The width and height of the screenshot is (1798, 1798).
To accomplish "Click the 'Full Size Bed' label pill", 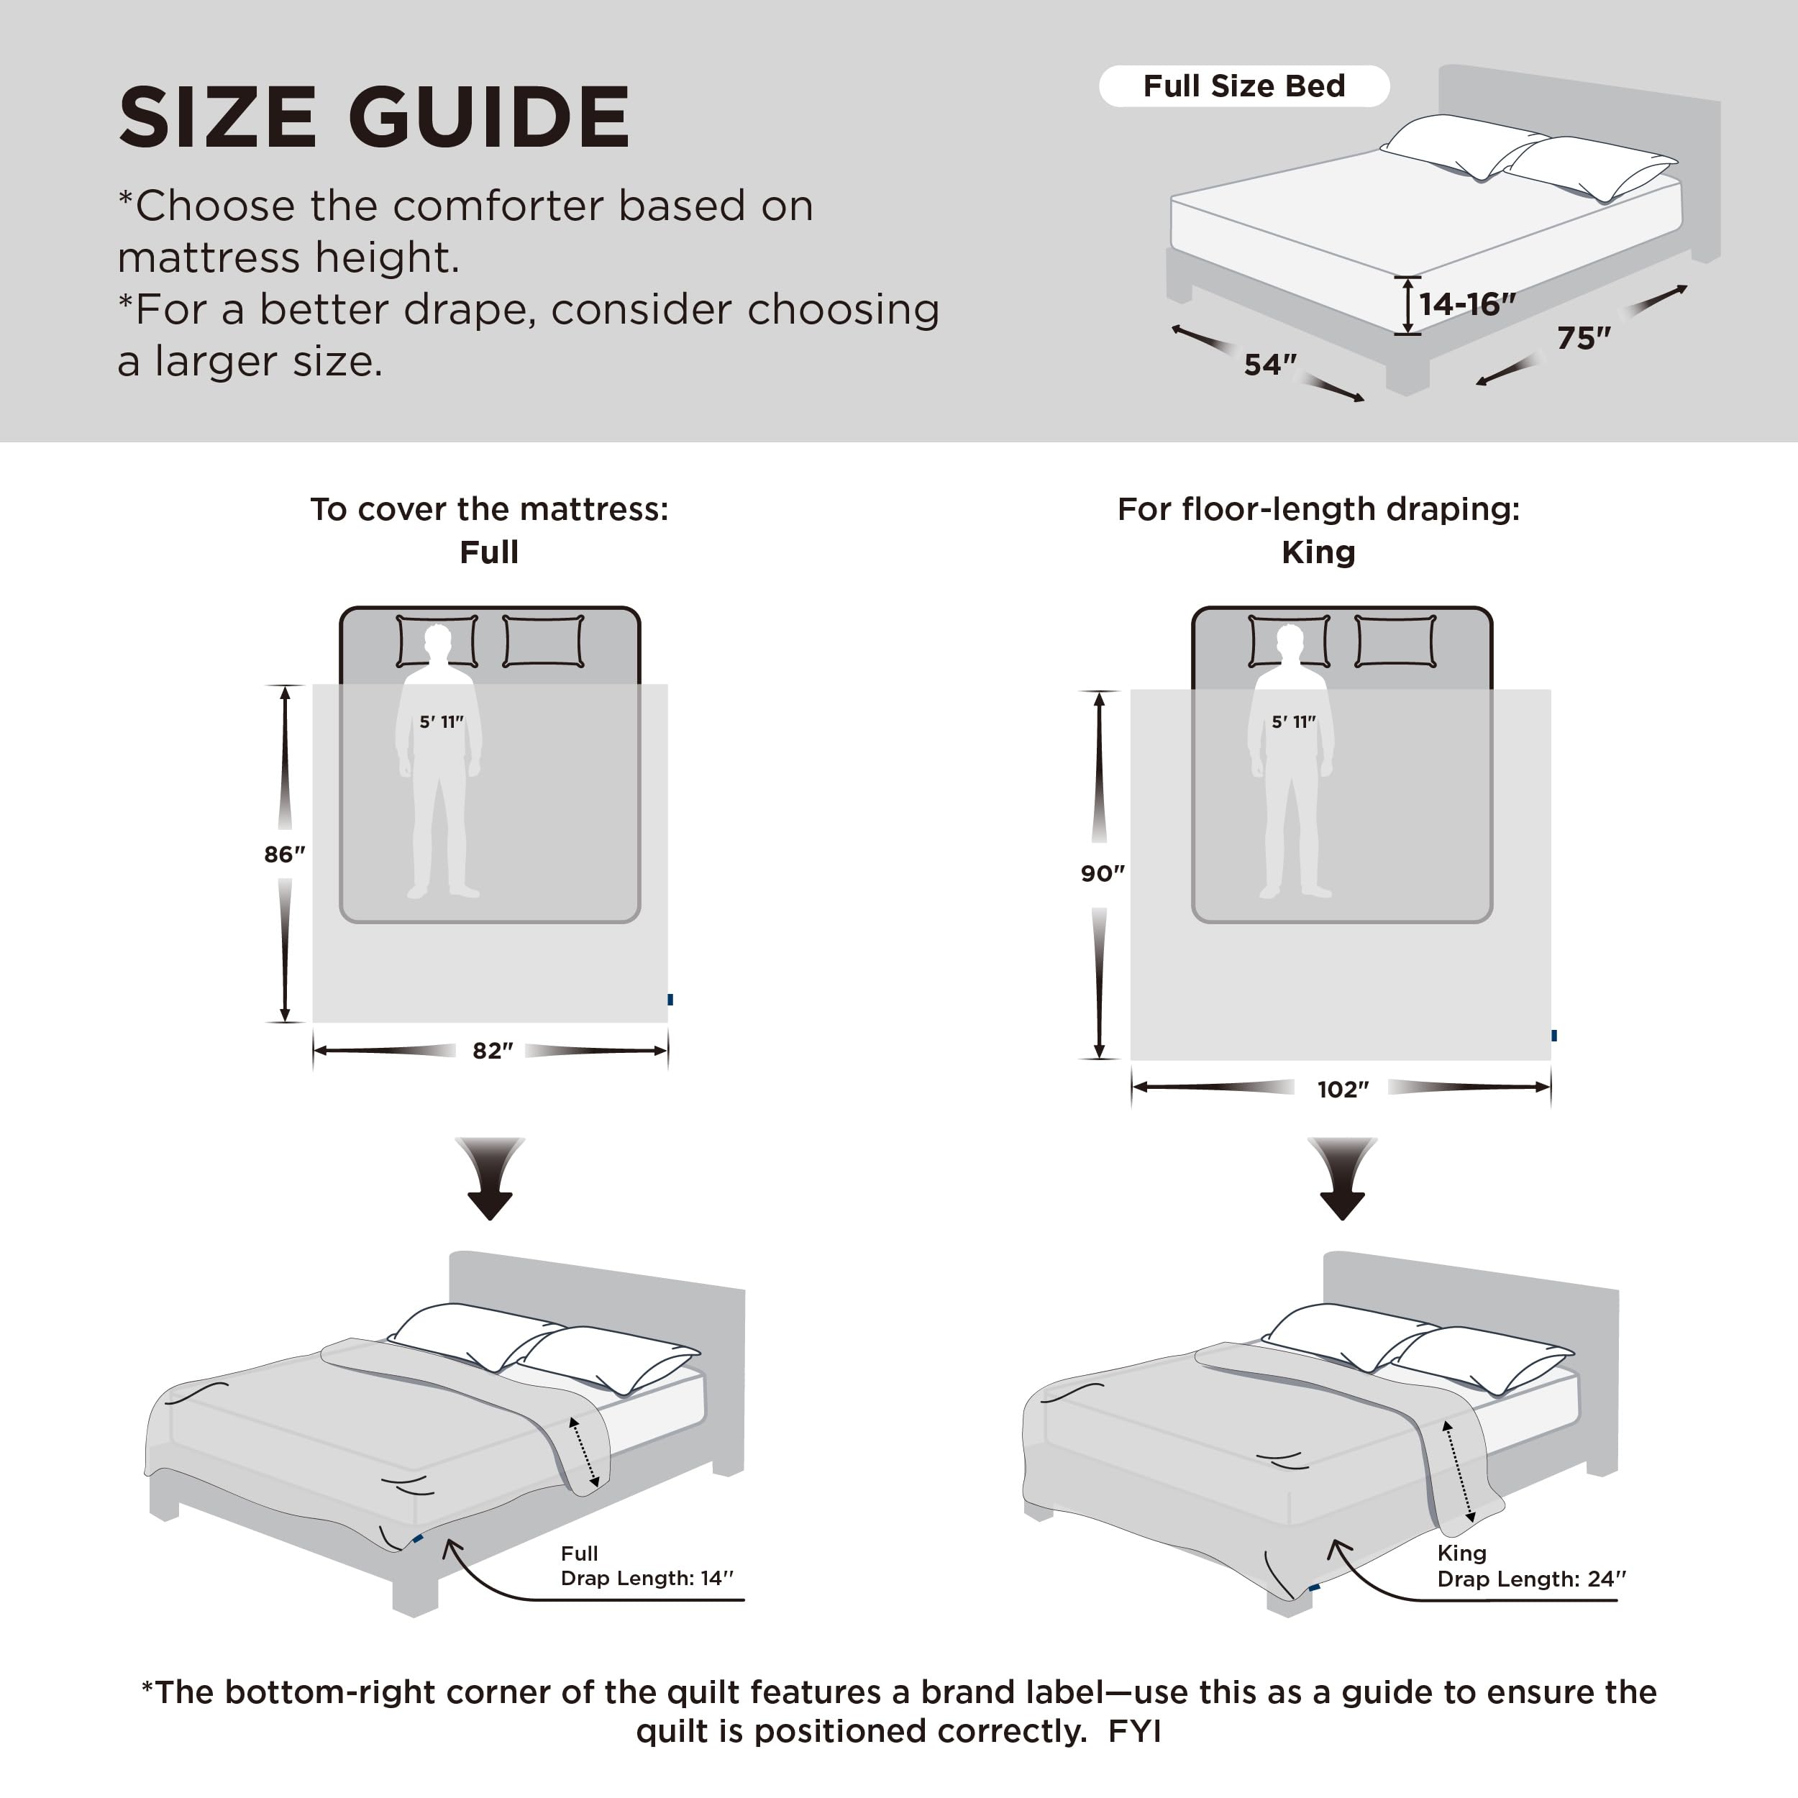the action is (x=1243, y=86).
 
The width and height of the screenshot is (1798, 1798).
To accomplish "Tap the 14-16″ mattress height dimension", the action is (x=1466, y=304).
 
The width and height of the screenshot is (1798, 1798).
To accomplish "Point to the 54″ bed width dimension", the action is (x=1269, y=365).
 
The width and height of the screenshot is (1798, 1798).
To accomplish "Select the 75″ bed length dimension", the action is (x=1583, y=338).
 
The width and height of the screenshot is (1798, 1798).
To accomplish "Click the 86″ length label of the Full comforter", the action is (x=284, y=854).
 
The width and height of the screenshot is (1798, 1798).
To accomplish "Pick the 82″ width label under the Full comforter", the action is (x=493, y=1051).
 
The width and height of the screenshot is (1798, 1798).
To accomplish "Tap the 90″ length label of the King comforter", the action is (x=1102, y=873).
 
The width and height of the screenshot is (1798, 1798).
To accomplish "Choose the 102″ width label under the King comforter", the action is (x=1342, y=1089).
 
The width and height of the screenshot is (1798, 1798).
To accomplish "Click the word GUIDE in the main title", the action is (x=490, y=118).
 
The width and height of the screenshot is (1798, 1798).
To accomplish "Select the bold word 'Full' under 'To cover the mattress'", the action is (x=488, y=553).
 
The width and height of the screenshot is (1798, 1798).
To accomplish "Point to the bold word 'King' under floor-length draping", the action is (x=1318, y=553).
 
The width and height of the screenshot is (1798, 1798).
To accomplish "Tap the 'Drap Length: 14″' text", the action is (x=647, y=1579).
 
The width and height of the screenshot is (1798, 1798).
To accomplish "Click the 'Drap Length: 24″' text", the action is (x=1531, y=1579).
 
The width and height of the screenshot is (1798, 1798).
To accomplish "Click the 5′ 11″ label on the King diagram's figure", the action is (x=1294, y=722).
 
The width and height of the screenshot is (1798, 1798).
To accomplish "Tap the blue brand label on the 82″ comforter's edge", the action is (x=670, y=1000).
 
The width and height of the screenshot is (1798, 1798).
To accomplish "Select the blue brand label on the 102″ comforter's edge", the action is (x=1554, y=1035).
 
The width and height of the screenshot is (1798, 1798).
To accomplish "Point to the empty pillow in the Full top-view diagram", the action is (x=544, y=640).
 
